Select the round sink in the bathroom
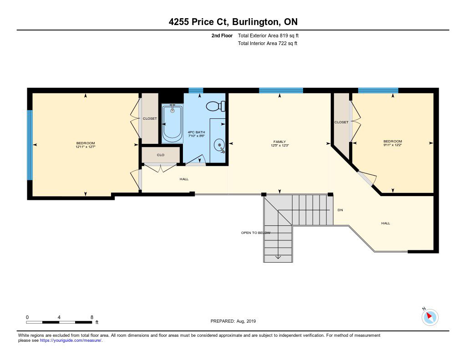click(219, 145)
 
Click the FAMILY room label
click(280, 142)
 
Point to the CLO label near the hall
click(161, 155)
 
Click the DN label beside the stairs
click(340, 210)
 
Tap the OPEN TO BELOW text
click(256, 233)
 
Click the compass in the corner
click(430, 317)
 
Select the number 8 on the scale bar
click(92, 317)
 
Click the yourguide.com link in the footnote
click(71, 340)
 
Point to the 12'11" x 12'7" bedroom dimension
click(86, 147)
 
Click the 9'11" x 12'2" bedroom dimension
click(393, 145)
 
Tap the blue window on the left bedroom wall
click(30, 145)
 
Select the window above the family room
click(281, 91)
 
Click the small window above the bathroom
click(196, 91)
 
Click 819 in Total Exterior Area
click(284, 35)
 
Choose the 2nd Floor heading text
click(222, 35)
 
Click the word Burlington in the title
click(256, 22)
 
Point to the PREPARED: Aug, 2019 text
click(233, 321)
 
